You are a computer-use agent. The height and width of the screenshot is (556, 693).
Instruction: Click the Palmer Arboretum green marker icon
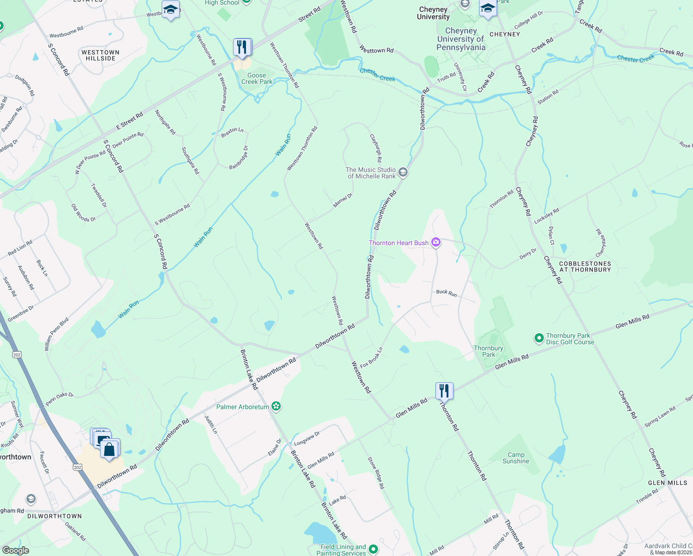pos(276,406)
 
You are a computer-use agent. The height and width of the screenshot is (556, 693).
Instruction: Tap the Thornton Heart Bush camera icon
pos(435,242)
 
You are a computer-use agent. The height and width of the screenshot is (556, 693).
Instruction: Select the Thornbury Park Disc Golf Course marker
pos(539,339)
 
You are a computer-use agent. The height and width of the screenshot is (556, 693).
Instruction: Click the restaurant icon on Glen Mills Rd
pos(444,391)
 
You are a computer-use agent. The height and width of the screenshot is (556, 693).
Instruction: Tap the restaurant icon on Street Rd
pos(242,47)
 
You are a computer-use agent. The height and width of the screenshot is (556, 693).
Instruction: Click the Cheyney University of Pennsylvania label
pos(461,39)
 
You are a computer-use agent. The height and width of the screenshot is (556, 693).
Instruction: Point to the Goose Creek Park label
pos(257,78)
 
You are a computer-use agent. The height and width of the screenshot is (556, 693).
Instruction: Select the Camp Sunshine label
pos(516,458)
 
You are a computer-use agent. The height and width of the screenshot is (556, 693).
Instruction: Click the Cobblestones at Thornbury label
pos(585,266)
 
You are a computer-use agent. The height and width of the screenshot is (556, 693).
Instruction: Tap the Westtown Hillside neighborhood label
pos(101,55)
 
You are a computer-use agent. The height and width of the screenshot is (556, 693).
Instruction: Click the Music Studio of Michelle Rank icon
pos(403,173)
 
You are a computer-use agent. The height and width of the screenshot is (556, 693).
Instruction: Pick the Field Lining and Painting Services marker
pos(373,550)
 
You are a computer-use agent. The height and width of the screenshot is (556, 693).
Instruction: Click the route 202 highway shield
pos(77,468)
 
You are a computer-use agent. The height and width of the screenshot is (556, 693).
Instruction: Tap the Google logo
pos(15,550)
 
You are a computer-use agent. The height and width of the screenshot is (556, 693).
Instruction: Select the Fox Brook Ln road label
pos(372,358)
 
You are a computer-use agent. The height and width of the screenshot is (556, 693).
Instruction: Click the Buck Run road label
pos(446,293)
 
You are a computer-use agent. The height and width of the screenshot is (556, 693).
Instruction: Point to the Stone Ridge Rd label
pos(376,473)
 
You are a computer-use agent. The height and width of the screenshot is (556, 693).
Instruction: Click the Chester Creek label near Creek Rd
pos(636,58)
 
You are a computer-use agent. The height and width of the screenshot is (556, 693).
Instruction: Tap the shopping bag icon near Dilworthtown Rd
pos(110,449)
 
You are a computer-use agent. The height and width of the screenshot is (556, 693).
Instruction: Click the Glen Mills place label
pos(668,483)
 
